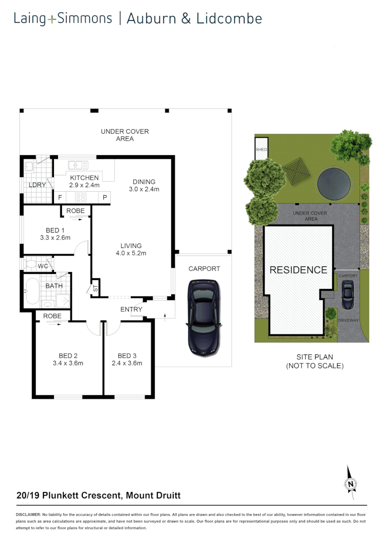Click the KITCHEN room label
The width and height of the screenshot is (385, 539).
(x=84, y=178)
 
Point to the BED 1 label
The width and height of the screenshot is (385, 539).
(x=55, y=231)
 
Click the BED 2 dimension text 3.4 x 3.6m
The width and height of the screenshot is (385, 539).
(x=68, y=363)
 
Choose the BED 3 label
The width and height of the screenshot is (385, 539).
(x=127, y=356)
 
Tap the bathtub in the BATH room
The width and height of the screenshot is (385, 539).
(x=31, y=291)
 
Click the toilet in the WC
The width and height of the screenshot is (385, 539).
(x=31, y=264)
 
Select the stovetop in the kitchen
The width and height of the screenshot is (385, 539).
(x=81, y=197)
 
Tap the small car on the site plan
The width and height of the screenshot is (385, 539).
(x=348, y=294)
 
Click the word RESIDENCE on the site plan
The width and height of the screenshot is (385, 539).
(x=298, y=270)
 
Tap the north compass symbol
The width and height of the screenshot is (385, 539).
(x=351, y=483)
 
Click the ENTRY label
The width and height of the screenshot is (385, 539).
(x=131, y=309)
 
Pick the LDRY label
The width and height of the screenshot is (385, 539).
(x=37, y=185)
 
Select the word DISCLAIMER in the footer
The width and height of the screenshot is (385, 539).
(x=28, y=514)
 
